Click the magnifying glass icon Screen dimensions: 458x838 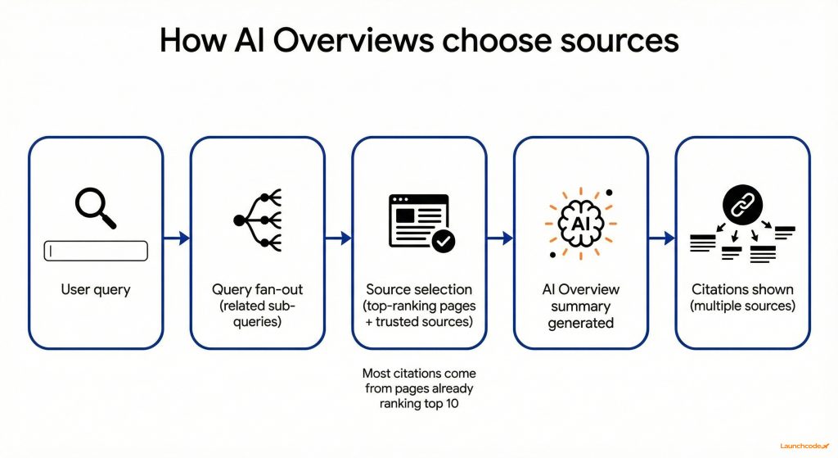pyautogui.click(x=94, y=207)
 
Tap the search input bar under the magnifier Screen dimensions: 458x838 pyautogui.click(x=95, y=251)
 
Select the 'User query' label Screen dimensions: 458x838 pyautogui.click(x=95, y=289)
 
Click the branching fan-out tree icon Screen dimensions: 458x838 pyautogui.click(x=258, y=220)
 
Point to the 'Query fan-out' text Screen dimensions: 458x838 pyautogui.click(x=257, y=289)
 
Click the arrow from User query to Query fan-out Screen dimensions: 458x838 pyautogui.click(x=177, y=238)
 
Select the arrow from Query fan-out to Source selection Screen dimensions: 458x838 pyautogui.click(x=338, y=238)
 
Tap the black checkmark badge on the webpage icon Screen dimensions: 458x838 pyautogui.click(x=444, y=240)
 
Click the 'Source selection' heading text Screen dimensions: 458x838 pyautogui.click(x=419, y=289)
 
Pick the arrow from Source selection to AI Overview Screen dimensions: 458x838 pyautogui.click(x=499, y=238)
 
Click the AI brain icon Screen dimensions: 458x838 pyautogui.click(x=580, y=220)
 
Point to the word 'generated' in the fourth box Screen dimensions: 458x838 pyautogui.click(x=580, y=323)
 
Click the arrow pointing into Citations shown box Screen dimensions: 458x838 pyautogui.click(x=661, y=238)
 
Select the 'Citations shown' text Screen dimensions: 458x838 pyautogui.click(x=742, y=289)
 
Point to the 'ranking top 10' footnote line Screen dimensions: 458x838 pyautogui.click(x=419, y=403)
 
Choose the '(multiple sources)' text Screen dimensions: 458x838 pyautogui.click(x=742, y=306)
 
